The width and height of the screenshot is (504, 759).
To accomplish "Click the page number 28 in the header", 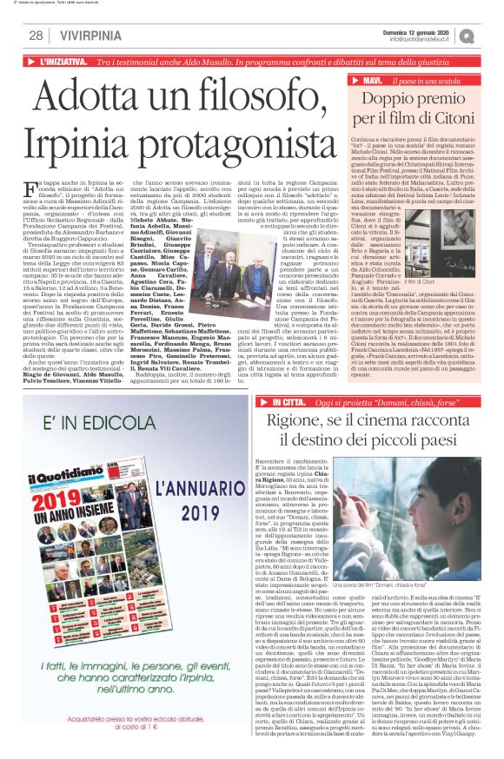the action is click(36, 36).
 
